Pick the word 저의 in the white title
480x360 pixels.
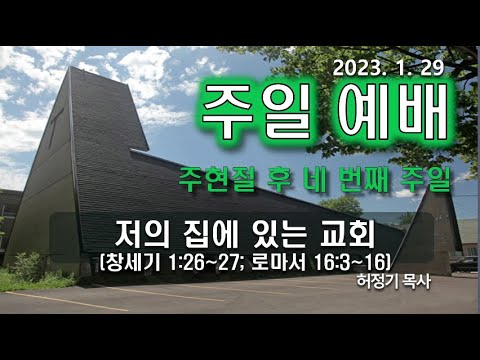coord(139,237)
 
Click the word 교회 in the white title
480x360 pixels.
coord(341,237)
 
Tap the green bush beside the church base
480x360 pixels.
coord(24,267)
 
